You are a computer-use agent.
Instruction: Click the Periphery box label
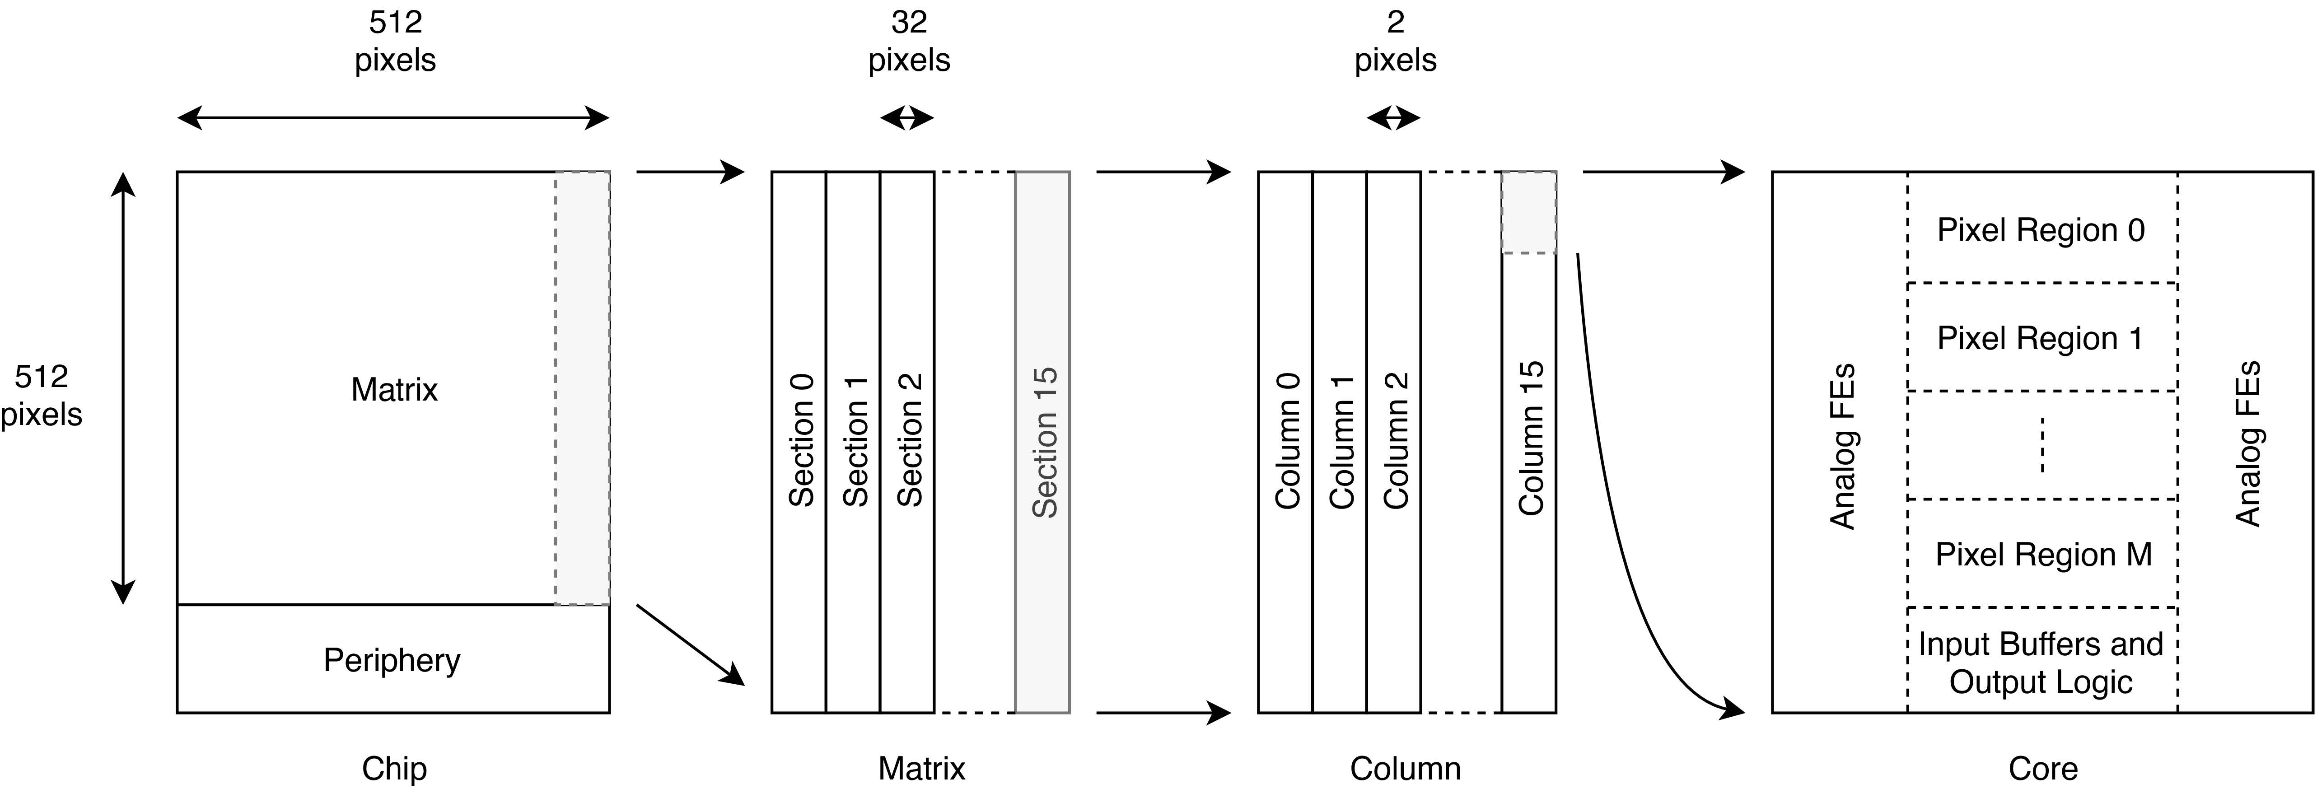[392, 660]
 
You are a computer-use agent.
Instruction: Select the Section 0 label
[800, 441]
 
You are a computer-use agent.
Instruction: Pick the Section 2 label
[909, 441]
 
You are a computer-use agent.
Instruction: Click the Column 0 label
[1287, 441]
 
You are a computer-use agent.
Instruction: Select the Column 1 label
[1341, 441]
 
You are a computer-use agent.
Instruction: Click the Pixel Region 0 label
[2041, 230]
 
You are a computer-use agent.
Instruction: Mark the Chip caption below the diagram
[394, 768]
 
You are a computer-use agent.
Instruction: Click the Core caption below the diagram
[2043, 768]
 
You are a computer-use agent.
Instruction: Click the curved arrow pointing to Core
[1610, 504]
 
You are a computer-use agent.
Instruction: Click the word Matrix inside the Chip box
[394, 390]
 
